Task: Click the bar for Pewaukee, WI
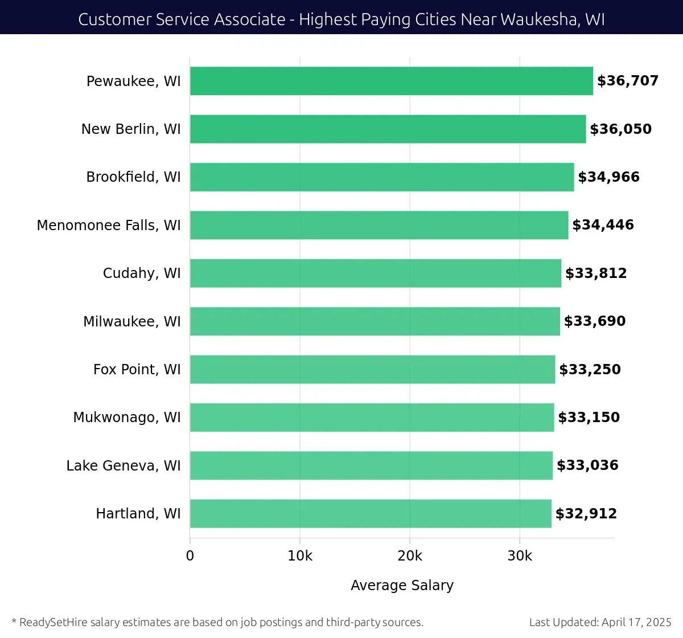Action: [x=391, y=81]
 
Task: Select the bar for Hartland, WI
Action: [x=371, y=513]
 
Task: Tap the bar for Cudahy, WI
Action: [x=375, y=273]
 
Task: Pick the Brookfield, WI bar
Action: [x=382, y=177]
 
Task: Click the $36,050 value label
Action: [x=620, y=129]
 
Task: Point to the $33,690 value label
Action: [x=594, y=321]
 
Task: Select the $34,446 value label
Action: [x=603, y=225]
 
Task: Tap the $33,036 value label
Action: [x=587, y=465]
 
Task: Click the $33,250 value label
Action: [x=590, y=369]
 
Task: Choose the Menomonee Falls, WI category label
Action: [x=109, y=226]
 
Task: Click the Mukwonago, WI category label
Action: [x=127, y=418]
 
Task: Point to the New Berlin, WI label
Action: [x=131, y=129]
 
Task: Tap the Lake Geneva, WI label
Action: [x=124, y=465]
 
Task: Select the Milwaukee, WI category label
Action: [x=132, y=321]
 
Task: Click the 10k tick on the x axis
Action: [x=300, y=556]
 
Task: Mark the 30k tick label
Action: [x=520, y=556]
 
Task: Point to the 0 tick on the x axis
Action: [x=190, y=556]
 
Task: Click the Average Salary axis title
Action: [x=402, y=585]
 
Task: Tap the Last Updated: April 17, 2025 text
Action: [x=600, y=622]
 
